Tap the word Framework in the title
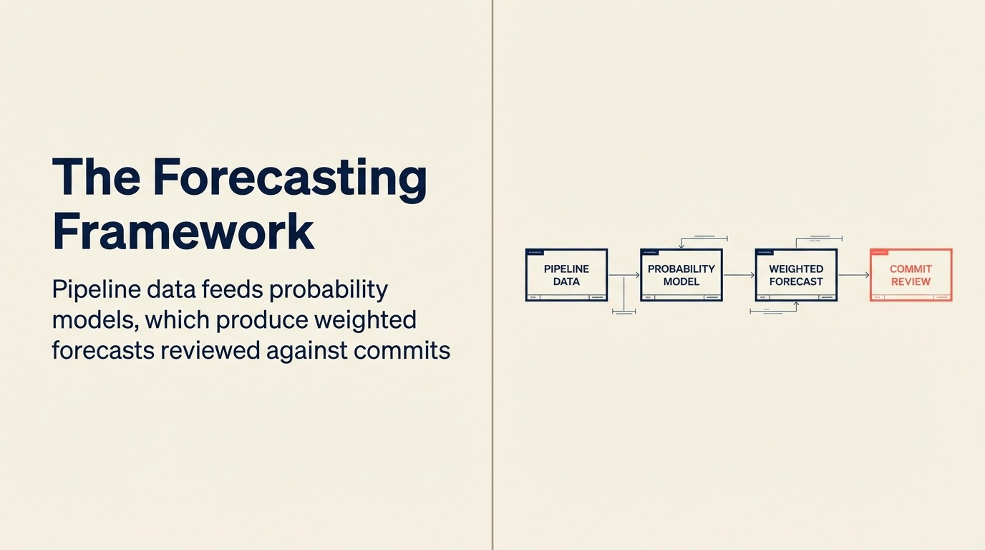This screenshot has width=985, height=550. pos(183,231)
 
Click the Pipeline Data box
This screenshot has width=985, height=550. pos(566,275)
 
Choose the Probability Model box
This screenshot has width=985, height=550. pos(681,275)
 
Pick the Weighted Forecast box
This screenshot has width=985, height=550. pos(796,275)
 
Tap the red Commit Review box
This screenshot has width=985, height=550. pos(911,275)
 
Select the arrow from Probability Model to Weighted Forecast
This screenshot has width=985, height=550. pos(739,275)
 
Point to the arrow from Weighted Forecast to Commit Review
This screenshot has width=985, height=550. pos(853,275)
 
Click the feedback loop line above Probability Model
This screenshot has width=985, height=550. pos(704,238)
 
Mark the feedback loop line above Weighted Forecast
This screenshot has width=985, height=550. pos(818,238)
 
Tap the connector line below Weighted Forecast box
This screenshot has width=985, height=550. pos(773,312)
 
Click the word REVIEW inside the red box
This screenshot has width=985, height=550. pos(911,281)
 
